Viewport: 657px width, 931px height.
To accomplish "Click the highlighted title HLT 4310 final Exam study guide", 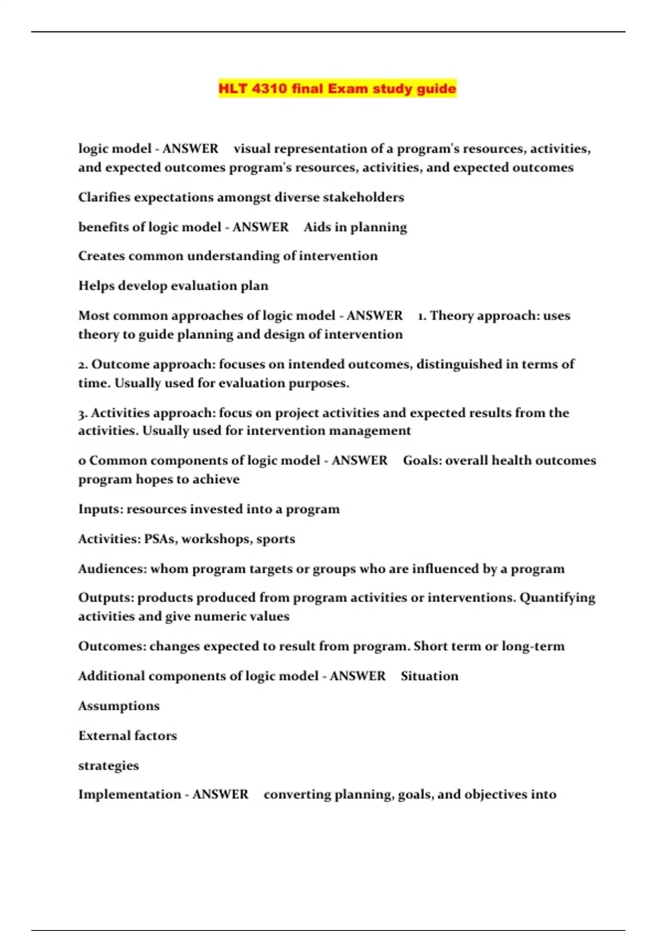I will pos(337,89).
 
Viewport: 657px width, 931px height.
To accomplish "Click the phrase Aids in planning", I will pos(355,227).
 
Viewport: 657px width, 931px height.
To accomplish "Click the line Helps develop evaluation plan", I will pos(173,286).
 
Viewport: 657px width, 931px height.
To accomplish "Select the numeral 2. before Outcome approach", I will pos(83,365).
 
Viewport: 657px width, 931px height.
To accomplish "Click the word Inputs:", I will pos(101,509).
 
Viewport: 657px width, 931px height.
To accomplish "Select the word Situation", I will pos(429,676).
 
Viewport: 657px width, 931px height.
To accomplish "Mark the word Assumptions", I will pos(119,706).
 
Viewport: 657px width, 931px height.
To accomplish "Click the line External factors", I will pos(128,735).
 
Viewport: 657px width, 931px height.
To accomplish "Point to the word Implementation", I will pos(130,795).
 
